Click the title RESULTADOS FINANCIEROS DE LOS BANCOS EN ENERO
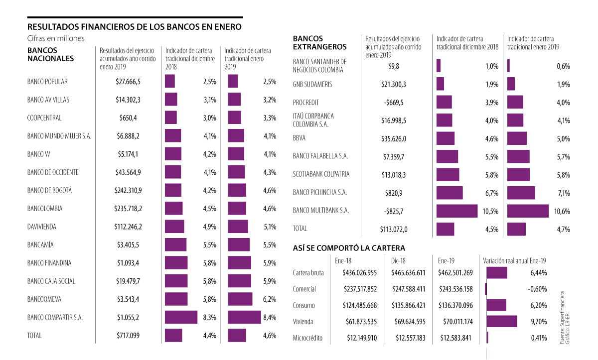click(x=135, y=26)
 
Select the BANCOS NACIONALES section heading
click(x=50, y=54)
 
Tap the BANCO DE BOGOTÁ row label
click(x=50, y=190)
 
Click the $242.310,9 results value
click(x=128, y=190)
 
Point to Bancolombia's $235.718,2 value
click(x=128, y=209)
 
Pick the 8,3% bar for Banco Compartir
click(x=181, y=317)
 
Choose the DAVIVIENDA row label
click(x=42, y=227)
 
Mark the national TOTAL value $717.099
click(x=128, y=336)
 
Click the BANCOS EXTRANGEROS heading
click(x=319, y=42)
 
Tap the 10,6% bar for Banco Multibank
click(x=528, y=211)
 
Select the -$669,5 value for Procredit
click(x=394, y=103)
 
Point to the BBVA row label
click(x=299, y=138)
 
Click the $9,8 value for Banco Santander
click(x=394, y=66)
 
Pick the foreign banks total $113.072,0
click(x=394, y=229)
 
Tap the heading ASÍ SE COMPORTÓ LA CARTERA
click(x=349, y=247)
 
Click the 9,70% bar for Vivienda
click(x=501, y=321)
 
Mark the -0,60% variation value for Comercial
click(x=536, y=289)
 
